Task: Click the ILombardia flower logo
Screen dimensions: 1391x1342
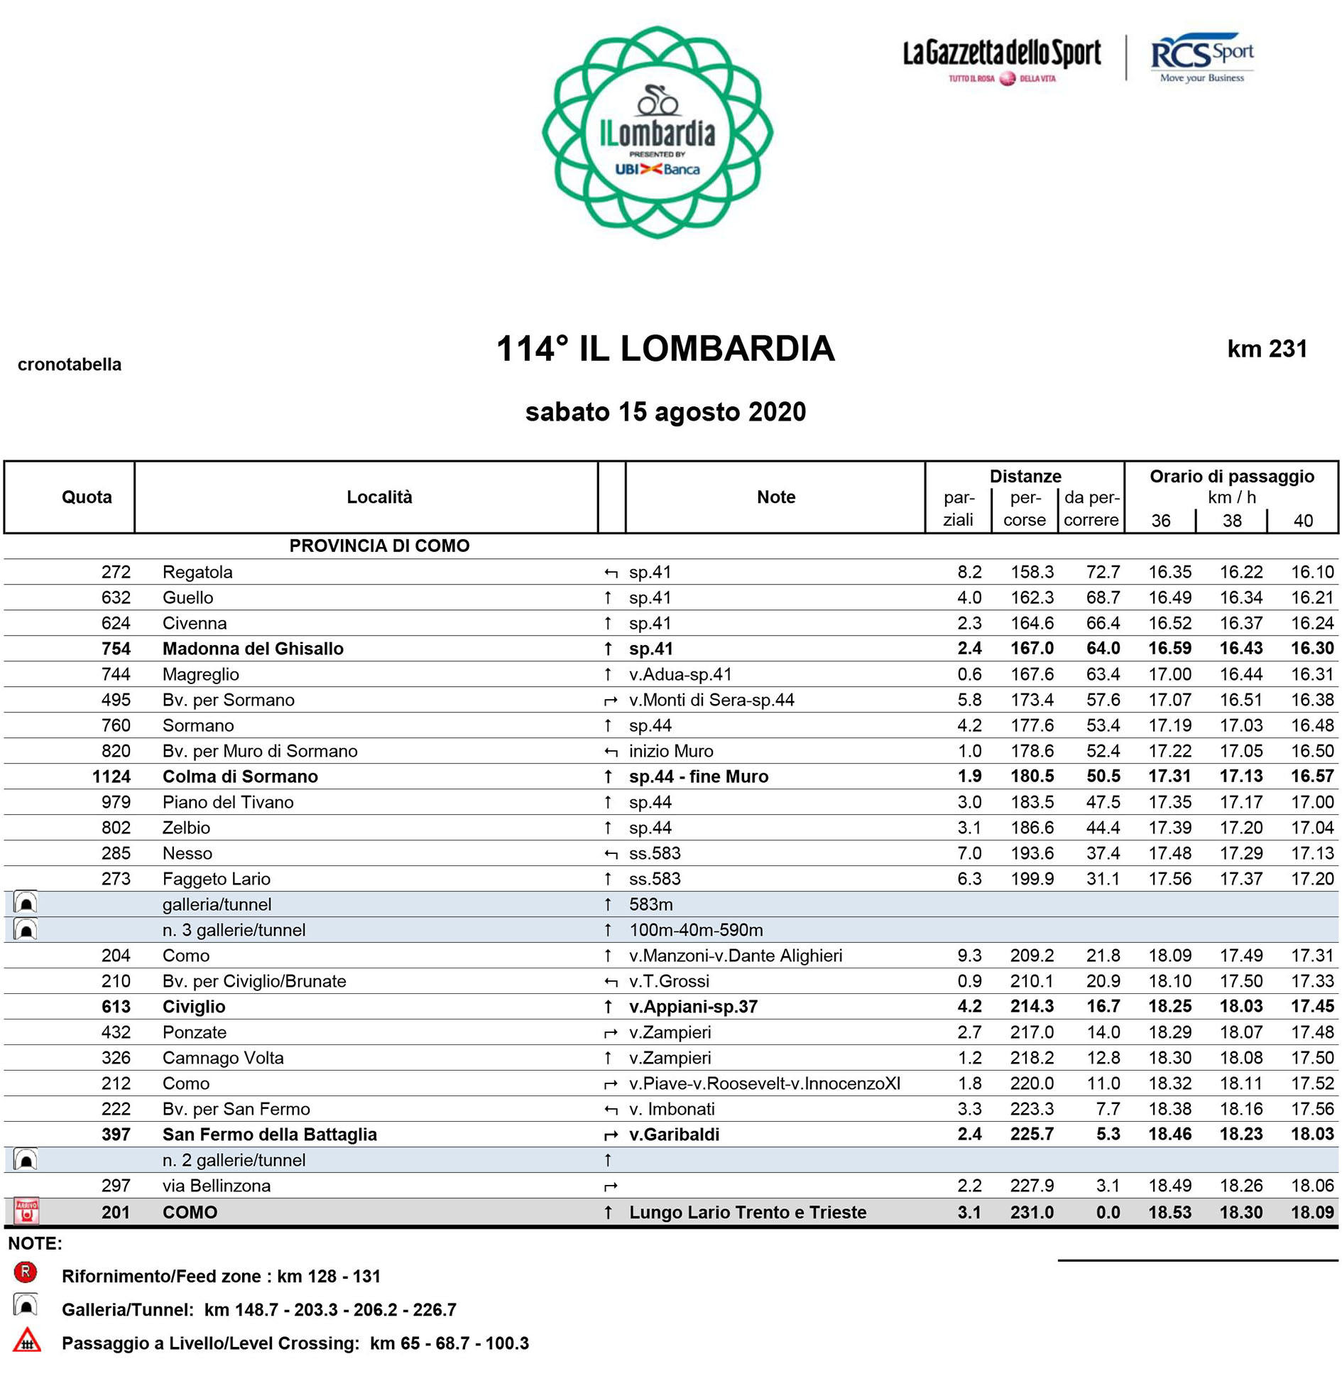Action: coord(657,133)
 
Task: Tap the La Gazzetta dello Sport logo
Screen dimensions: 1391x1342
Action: coord(1002,60)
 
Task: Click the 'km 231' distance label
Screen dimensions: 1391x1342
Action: coord(1267,349)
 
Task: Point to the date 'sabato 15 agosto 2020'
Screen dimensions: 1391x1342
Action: coord(665,412)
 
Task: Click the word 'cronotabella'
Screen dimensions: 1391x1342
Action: coord(70,364)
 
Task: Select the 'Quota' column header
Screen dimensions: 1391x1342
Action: coord(87,497)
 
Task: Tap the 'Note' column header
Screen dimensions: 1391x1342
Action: coord(775,497)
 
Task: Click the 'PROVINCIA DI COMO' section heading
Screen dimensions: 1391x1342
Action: coord(379,546)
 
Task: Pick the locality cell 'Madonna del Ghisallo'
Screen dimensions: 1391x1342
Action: coord(253,649)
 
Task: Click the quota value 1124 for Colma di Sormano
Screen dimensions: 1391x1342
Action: coord(111,776)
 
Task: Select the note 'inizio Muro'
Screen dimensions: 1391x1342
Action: coord(671,751)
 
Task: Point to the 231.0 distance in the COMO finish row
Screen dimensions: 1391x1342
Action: coord(1032,1212)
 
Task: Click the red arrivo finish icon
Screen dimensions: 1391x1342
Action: coord(26,1211)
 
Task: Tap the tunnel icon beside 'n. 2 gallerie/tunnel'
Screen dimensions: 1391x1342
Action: coord(26,1160)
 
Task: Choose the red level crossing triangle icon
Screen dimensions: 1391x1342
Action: coord(26,1341)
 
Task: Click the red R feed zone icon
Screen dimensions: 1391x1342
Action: coord(26,1272)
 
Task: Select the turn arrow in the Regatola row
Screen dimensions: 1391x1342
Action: coord(610,573)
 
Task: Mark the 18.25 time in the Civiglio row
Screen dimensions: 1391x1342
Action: coord(1169,1007)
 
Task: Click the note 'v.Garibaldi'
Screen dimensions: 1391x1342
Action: coord(674,1135)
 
